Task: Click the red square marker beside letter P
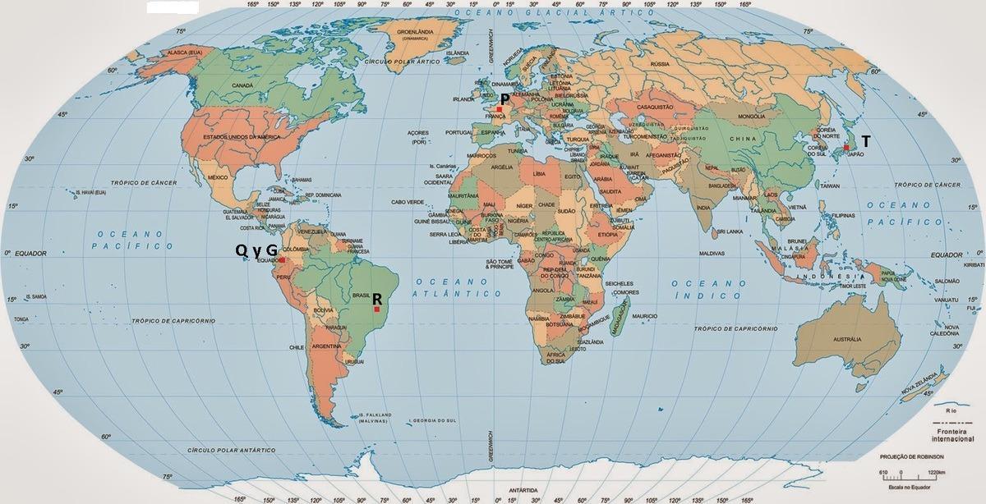[x=499, y=108]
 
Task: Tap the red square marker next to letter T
[x=845, y=147]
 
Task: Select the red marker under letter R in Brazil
[x=376, y=309]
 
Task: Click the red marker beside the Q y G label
[x=282, y=259]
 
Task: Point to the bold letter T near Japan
[x=865, y=140]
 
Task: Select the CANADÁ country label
[x=242, y=85]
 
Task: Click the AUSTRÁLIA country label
[x=846, y=338]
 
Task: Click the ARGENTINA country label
[x=326, y=347]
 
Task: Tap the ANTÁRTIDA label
[x=523, y=489]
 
